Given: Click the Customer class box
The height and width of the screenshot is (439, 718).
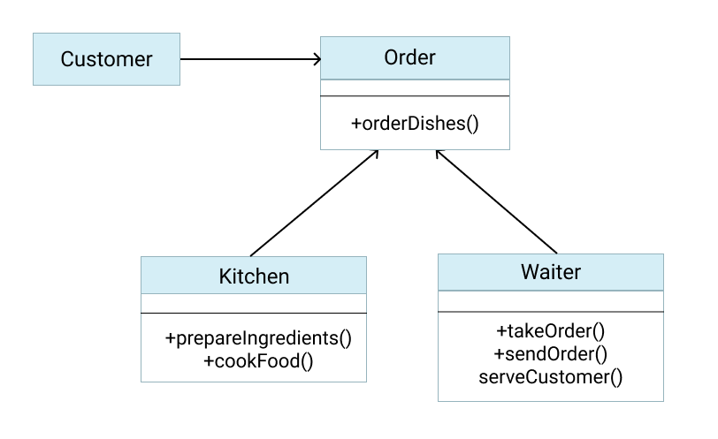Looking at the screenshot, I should coord(106,59).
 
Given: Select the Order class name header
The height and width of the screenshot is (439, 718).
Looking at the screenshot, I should coord(414,58).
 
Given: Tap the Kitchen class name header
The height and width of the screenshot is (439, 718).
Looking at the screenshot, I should coord(254,276).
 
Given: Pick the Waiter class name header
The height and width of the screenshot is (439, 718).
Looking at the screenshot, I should coord(550,272).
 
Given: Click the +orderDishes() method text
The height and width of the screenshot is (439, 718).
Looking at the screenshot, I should coord(414,124).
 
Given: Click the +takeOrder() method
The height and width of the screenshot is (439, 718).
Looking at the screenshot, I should coord(550,331).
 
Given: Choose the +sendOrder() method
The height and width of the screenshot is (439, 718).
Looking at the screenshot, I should coord(550,354).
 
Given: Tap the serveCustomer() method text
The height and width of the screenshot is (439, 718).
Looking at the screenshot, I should coord(550,377).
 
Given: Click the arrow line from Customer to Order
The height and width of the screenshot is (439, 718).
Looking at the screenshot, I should coord(248,59).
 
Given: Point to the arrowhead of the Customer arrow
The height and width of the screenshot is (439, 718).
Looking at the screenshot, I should coord(316,59).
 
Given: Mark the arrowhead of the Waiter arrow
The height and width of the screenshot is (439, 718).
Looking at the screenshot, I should coord(439,154).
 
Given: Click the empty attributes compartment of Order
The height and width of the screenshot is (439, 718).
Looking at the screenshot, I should coord(414,87).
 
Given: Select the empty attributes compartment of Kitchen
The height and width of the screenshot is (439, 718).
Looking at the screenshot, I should coord(254,303).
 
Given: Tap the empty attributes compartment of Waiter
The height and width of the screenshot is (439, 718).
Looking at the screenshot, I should coord(550,301).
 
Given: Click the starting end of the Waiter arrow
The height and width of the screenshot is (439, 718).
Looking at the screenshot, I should coord(557,252).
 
